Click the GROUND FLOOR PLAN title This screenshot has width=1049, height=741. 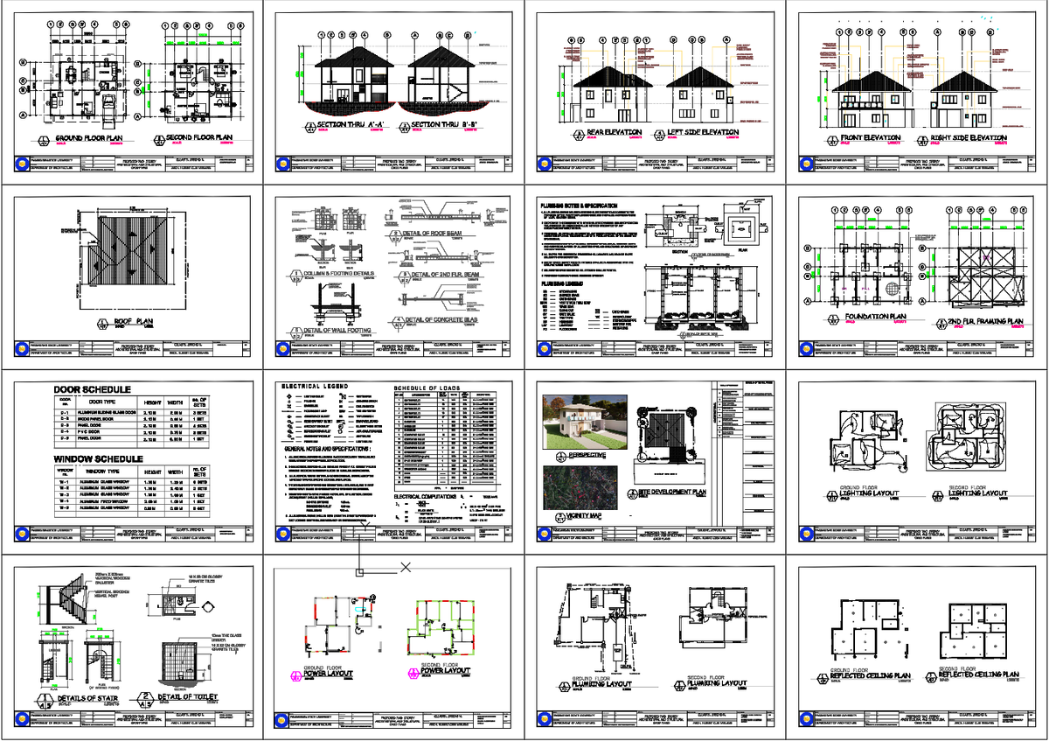[89, 139]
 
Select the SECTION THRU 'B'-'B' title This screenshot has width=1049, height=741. [446, 126]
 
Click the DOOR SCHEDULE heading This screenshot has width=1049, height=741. [93, 389]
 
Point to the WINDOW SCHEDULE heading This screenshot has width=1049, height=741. [98, 458]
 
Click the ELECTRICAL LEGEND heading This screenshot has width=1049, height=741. [316, 386]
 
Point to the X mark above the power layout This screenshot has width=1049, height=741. [406, 567]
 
